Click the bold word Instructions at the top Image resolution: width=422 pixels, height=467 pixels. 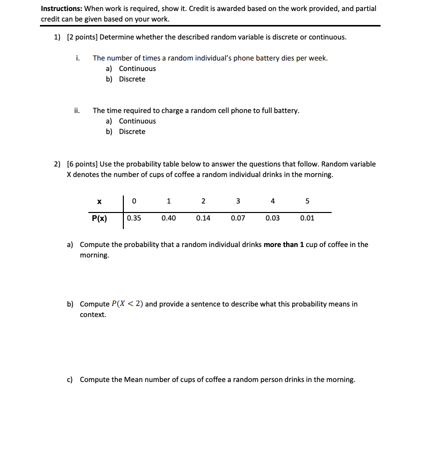pos(61,8)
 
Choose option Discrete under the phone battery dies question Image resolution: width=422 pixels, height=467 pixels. pos(132,79)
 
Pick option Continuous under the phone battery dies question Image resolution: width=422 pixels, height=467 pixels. pos(137,68)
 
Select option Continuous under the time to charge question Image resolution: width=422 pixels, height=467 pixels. pos(137,121)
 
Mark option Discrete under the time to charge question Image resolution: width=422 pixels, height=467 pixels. pos(132,131)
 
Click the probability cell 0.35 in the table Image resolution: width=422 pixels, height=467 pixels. pos(134,218)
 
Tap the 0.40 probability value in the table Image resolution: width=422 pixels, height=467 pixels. pos(169,218)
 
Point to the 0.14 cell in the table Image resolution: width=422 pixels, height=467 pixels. pos(203,218)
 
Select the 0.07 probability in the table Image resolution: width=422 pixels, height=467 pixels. pos(238,218)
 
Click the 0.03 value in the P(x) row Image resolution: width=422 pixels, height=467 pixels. pos(273,218)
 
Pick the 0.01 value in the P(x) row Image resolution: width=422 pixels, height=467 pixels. pos(307,218)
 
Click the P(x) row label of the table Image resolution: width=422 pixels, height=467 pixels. pos(99,218)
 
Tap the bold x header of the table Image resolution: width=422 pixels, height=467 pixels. pos(99,201)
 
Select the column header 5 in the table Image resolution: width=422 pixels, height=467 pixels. pos(307,201)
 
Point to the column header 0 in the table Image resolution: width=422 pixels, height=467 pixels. pos(134,201)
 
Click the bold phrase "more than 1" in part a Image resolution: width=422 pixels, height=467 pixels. pos(284,244)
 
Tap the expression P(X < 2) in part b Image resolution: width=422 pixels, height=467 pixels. pos(127,304)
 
